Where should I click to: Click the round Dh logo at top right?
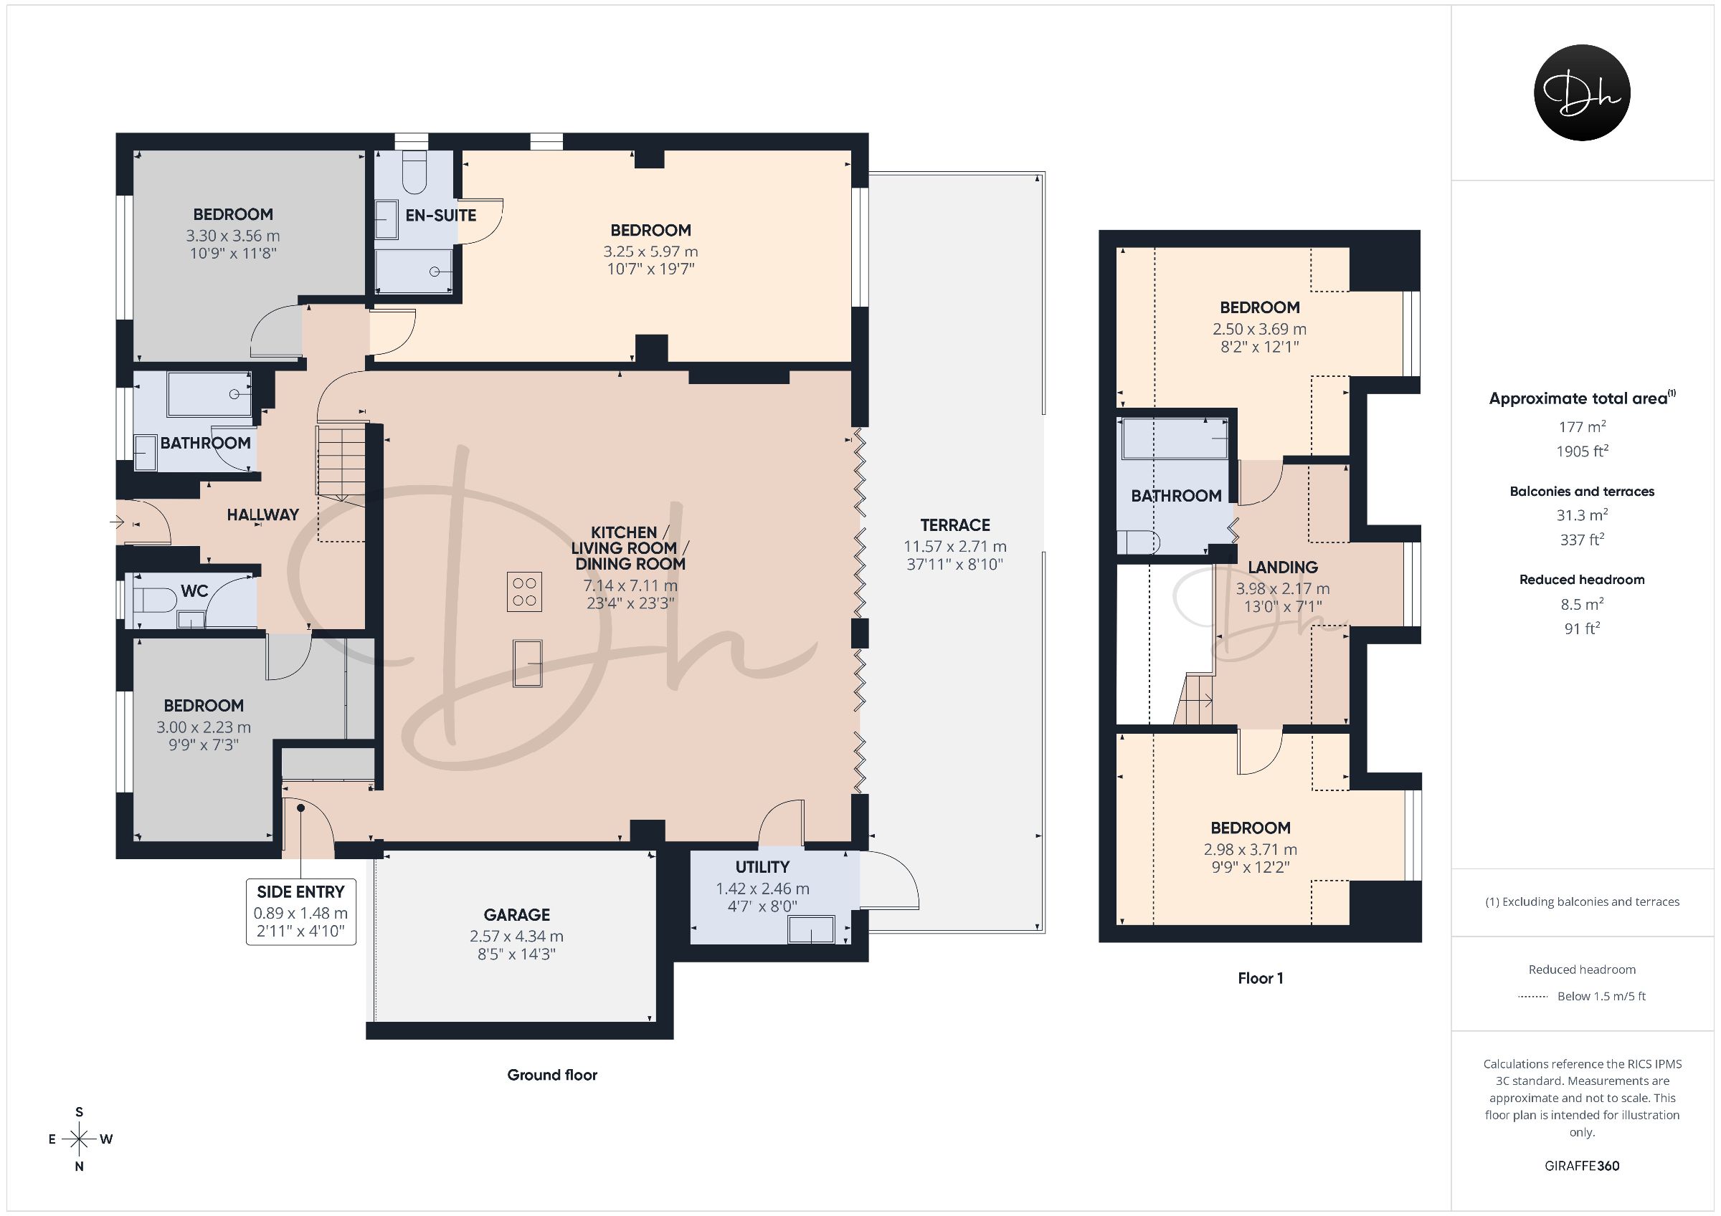pos(1582,92)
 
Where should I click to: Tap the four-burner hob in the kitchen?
pos(524,591)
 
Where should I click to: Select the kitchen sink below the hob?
pos(528,663)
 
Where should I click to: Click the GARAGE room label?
pos(516,915)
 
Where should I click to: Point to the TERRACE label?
pos(955,525)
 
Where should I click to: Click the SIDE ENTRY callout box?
pos(300,911)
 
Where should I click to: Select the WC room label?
pos(194,591)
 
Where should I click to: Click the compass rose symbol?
pos(79,1139)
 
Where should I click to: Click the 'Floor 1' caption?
pos(1260,978)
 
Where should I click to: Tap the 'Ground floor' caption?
pos(551,1075)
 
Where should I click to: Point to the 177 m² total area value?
pos(1582,426)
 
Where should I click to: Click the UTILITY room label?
pos(762,867)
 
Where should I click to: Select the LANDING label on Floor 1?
pos(1283,568)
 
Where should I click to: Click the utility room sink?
pos(811,930)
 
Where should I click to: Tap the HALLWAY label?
pos(263,514)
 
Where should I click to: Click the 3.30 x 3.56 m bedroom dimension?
pos(233,236)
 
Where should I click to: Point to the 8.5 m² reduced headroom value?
pos(1582,604)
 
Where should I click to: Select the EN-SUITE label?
pos(441,215)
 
